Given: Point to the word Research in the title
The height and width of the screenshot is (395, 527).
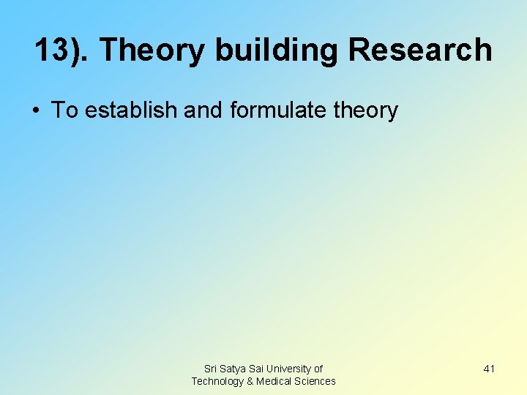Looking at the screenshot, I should point(419,50).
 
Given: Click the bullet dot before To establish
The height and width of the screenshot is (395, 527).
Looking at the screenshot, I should point(35,111).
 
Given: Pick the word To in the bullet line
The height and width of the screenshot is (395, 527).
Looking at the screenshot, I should point(64,110).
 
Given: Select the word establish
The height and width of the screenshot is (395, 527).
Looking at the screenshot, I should point(131,110).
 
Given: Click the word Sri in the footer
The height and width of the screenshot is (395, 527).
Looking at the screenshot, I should point(212,369).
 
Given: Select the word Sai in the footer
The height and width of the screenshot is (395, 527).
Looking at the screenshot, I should point(261,369).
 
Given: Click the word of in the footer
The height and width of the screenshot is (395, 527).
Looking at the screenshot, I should point(318,369).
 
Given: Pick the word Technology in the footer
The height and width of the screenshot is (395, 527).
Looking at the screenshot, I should point(217,381).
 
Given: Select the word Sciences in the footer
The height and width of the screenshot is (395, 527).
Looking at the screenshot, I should point(315,381).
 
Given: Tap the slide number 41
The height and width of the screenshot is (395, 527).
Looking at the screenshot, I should point(489,369).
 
